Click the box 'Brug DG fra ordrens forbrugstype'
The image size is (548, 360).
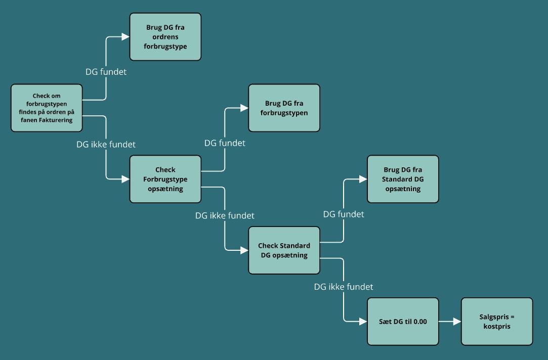tap(165, 37)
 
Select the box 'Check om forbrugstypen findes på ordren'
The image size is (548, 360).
tap(47, 108)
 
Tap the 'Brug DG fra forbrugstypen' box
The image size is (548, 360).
tap(284, 108)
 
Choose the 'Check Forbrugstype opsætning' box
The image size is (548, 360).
tap(165, 179)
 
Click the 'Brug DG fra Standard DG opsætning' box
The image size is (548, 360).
tap(403, 179)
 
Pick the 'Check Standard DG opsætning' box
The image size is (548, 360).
tap(284, 250)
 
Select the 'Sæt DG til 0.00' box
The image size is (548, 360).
tap(403, 322)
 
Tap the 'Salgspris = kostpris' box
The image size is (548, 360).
tap(497, 322)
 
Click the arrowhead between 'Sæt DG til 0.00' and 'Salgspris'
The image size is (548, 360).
tap(457, 322)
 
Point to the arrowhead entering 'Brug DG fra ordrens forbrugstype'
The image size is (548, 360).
tap(125, 37)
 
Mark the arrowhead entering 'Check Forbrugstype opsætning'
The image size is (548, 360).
tap(125, 179)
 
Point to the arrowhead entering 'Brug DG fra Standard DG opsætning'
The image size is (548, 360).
tap(363, 179)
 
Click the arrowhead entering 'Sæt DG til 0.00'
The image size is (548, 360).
tap(363, 322)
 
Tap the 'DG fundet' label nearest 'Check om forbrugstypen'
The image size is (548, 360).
tap(106, 72)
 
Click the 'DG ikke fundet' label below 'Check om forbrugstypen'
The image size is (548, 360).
tap(106, 144)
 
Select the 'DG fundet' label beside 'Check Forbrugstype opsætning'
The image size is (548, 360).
tap(225, 143)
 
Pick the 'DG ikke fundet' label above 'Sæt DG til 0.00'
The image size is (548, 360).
tap(344, 287)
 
